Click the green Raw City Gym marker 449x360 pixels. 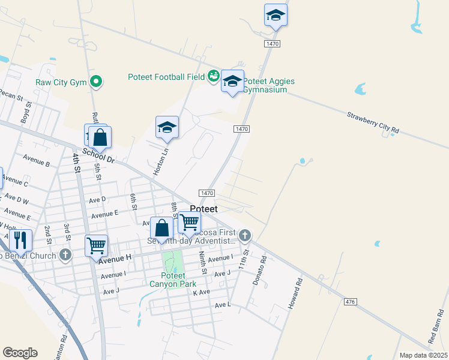tap(95, 81)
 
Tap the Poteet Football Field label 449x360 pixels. tap(166, 76)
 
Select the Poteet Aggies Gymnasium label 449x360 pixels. tap(268, 85)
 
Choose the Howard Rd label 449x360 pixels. tap(294, 293)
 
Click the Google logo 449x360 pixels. tap(20, 352)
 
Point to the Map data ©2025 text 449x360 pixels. tap(423, 355)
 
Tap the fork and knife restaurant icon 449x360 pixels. tap(21, 241)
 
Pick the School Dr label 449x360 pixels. tap(98, 155)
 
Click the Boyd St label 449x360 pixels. tap(26, 112)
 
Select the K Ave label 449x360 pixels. tap(201, 292)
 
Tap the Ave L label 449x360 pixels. tap(223, 305)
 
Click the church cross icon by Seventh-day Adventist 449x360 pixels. tap(244, 235)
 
